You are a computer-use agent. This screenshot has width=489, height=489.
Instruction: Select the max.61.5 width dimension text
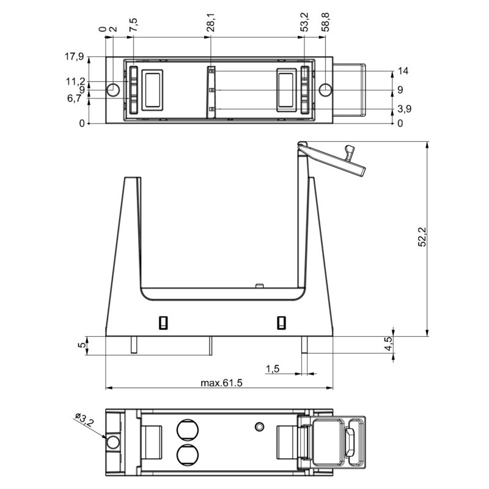(x=222, y=383)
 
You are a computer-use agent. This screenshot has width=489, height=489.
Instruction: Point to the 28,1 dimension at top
(x=211, y=25)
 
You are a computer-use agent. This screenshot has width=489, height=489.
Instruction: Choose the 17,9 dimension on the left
(x=73, y=57)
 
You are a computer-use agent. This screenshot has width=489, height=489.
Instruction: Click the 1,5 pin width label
(x=273, y=369)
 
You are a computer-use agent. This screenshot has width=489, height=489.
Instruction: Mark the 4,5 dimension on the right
(x=387, y=345)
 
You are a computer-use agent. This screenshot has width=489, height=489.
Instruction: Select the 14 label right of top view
(x=402, y=71)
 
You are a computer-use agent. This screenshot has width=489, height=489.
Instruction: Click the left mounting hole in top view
(x=113, y=90)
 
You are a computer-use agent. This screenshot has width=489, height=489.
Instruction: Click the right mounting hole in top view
(x=326, y=90)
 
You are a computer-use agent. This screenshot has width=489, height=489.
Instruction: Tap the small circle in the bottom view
(x=260, y=425)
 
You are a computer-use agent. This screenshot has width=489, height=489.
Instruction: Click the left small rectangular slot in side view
(x=163, y=322)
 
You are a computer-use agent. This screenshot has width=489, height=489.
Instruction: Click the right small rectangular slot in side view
(x=281, y=322)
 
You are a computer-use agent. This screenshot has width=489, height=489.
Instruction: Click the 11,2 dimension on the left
(x=76, y=81)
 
